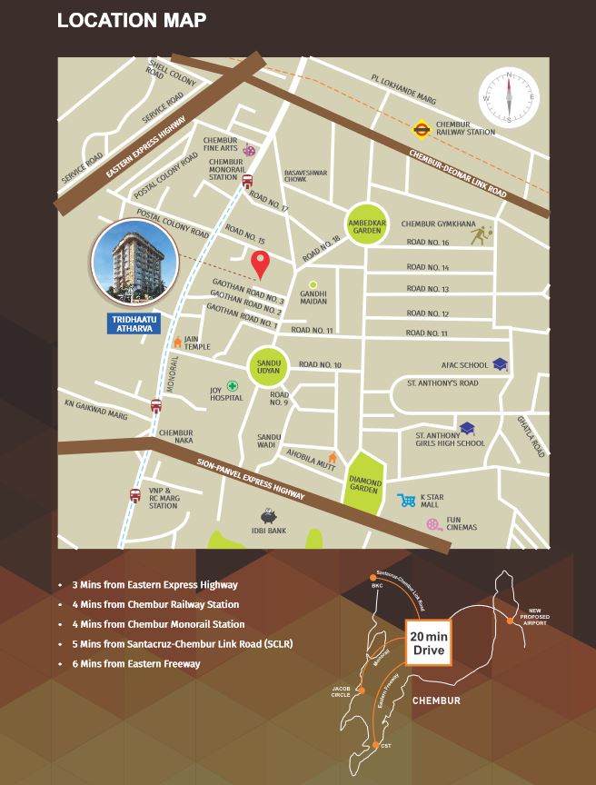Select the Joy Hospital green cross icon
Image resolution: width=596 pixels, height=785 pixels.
[233, 386]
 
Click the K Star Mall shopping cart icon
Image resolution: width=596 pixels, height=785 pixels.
[406, 501]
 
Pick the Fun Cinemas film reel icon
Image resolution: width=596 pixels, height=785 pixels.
[433, 524]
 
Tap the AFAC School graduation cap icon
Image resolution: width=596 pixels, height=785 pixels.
[500, 364]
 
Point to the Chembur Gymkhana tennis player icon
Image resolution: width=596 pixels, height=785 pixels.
[479, 235]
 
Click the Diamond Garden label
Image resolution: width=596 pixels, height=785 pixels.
[365, 482]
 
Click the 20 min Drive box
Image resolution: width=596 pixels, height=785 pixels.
[427, 643]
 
